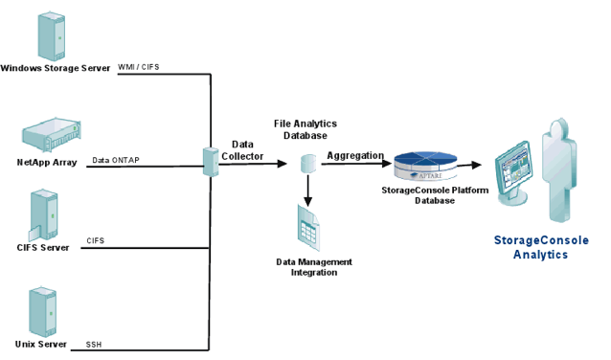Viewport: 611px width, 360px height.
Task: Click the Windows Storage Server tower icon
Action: click(52, 36)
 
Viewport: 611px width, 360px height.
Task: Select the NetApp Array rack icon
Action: click(52, 134)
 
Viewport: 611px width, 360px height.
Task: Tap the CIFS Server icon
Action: click(43, 215)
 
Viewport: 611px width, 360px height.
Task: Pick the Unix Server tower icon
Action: click(42, 312)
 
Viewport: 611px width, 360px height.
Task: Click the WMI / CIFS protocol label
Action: click(139, 67)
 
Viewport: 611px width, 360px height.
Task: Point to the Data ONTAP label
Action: click(116, 160)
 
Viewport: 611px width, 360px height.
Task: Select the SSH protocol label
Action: click(94, 345)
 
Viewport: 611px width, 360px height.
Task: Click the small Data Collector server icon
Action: click(211, 162)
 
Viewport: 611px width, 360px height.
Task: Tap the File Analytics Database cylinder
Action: click(308, 164)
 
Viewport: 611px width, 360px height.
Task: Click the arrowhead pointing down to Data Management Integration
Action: click(307, 201)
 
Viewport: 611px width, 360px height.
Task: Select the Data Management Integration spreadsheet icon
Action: click(308, 228)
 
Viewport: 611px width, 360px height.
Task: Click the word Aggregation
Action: click(355, 156)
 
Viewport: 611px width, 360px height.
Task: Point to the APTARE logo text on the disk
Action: click(430, 176)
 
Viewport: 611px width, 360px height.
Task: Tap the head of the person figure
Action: click(560, 127)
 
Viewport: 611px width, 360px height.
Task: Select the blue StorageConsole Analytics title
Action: click(541, 247)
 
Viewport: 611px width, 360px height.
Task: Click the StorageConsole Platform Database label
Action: click(435, 195)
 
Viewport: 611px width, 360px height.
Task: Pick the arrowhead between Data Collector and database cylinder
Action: click(283, 164)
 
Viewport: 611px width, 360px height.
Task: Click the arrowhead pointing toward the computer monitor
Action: click(476, 165)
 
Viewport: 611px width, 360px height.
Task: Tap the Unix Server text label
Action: click(41, 344)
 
